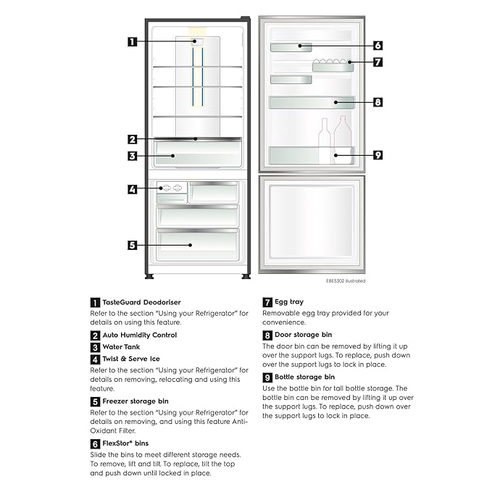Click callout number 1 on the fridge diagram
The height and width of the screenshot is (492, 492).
(132, 41)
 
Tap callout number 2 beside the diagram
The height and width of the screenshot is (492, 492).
(132, 139)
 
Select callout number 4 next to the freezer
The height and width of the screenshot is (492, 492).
(132, 190)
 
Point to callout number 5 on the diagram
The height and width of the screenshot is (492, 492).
(132, 245)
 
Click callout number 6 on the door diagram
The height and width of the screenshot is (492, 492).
(378, 45)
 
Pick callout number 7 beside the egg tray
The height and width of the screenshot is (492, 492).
(378, 62)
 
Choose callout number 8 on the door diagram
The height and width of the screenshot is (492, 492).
(378, 102)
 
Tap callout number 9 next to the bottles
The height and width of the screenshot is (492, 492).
(378, 154)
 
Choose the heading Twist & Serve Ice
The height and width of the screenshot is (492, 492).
(131, 359)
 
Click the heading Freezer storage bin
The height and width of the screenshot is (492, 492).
(135, 401)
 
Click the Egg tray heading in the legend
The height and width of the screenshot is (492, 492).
(289, 302)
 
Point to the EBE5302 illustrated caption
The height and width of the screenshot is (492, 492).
(345, 280)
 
